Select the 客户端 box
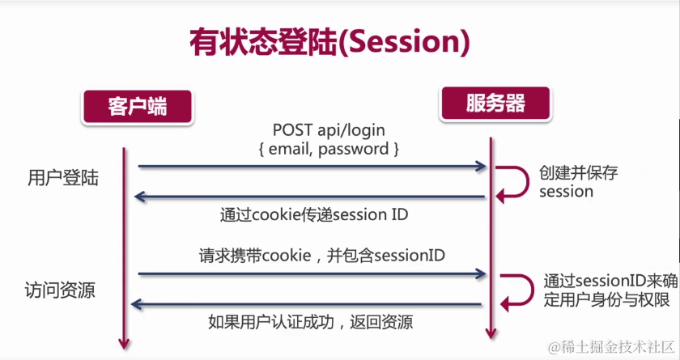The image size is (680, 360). click(x=138, y=106)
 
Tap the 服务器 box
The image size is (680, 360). click(x=495, y=104)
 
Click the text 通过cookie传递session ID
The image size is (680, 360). click(x=314, y=215)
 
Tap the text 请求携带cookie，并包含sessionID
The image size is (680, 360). click(x=322, y=255)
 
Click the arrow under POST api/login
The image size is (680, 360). click(x=312, y=167)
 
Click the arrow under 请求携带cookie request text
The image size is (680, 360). click(x=312, y=275)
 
